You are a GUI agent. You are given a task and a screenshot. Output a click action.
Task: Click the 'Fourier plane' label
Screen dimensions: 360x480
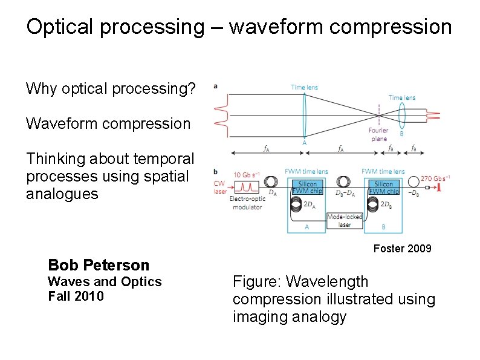pos(378,134)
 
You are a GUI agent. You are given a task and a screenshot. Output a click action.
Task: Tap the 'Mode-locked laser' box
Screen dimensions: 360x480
pos(344,221)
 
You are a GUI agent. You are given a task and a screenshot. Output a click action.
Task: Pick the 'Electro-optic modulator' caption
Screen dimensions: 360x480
pos(247,203)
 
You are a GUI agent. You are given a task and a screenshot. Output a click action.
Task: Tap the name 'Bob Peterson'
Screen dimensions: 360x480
pos(98,265)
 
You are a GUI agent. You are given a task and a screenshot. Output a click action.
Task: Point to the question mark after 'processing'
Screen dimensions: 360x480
pos(192,90)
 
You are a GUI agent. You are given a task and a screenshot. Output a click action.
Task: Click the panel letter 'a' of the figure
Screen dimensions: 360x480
pos(215,86)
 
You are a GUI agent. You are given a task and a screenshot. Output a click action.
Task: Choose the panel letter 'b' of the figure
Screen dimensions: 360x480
pos(215,171)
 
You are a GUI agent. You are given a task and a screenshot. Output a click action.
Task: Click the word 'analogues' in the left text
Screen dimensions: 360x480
pos(62,194)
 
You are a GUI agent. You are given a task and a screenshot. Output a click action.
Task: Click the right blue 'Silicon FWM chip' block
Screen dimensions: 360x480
pos(383,188)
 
